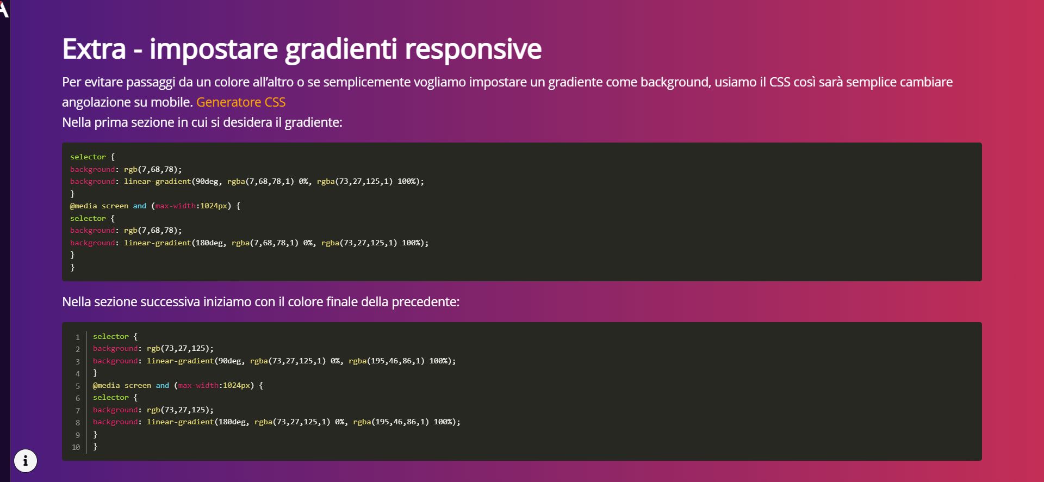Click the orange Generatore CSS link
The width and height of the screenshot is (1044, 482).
coord(241,102)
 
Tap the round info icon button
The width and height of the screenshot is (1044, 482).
coord(26,461)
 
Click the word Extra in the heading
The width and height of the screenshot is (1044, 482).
coord(94,49)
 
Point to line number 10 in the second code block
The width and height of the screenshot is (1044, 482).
coord(76,447)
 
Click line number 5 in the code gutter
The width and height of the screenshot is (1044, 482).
coord(78,386)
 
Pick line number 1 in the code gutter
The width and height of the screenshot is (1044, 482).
coord(78,337)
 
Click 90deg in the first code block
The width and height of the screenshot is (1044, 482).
coord(207,182)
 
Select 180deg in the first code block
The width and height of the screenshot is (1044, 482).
coord(209,243)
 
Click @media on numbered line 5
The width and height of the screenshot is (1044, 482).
coord(107,386)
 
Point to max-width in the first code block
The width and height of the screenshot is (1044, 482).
coord(176,206)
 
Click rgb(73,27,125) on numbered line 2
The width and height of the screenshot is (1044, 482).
coord(178,349)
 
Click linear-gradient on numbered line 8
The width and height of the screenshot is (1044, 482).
coord(181,422)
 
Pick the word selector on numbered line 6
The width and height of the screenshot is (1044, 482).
coord(111,398)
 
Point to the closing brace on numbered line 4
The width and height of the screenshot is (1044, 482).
coord(95,373)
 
